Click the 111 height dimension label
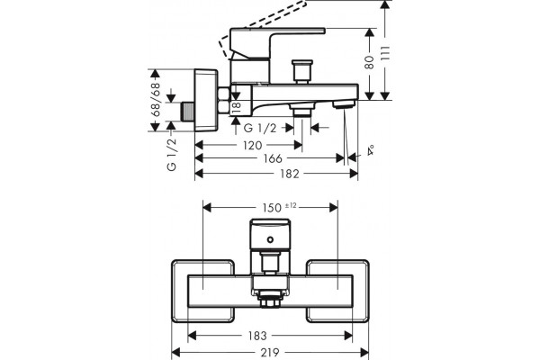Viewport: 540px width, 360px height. click(385, 53)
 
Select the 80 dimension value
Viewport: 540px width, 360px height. click(369, 62)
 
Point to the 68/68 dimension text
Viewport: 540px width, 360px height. click(156, 100)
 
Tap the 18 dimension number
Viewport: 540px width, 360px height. click(237, 107)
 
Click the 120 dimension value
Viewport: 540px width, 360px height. click(252, 146)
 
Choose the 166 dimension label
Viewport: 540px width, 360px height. click(273, 158)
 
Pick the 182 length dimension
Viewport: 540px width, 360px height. click(289, 174)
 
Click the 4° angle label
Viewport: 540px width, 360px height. click(371, 150)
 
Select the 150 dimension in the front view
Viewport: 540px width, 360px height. click(272, 208)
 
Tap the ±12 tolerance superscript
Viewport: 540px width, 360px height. click(291, 206)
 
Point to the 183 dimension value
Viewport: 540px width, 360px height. click(257, 336)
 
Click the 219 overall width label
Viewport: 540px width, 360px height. click(270, 353)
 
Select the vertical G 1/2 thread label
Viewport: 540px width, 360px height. click(171, 154)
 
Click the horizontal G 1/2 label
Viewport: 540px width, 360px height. click(260, 128)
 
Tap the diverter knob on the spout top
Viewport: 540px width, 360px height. click(302, 72)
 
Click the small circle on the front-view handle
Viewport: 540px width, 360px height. click(270, 239)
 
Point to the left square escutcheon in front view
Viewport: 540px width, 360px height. click(203, 291)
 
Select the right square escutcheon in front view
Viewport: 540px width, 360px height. click(337, 291)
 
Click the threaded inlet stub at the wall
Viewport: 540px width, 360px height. click(188, 112)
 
